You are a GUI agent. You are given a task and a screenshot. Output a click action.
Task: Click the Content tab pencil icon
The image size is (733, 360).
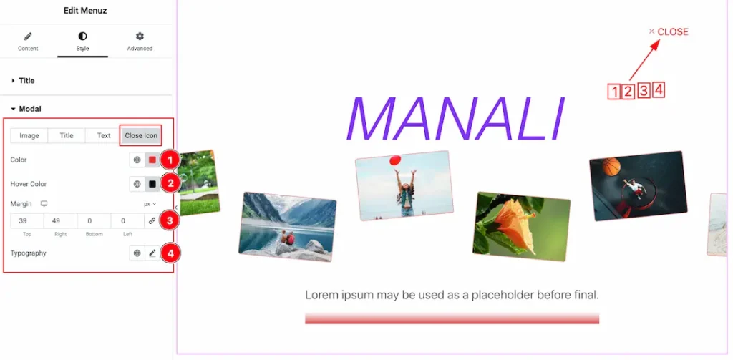[x=28, y=37]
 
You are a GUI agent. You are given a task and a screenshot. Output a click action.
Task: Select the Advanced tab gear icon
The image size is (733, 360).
[x=140, y=37]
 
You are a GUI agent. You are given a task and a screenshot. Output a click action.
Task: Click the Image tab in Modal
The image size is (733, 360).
[x=29, y=135]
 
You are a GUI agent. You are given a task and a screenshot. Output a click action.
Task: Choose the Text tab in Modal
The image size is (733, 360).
[x=104, y=135]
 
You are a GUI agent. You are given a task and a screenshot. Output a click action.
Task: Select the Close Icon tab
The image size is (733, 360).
[x=141, y=135]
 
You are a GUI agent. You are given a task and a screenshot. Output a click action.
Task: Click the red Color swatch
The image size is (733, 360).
[x=152, y=160]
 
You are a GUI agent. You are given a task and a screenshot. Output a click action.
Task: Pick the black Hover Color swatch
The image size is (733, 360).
[x=152, y=184]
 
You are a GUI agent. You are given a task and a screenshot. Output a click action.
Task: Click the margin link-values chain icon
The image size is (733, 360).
[x=152, y=221]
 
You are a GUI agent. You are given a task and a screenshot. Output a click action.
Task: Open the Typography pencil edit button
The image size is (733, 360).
[x=152, y=253]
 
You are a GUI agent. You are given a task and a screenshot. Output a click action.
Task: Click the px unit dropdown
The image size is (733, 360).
[x=150, y=204]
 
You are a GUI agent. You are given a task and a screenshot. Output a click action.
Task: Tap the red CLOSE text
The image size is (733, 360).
[x=673, y=31]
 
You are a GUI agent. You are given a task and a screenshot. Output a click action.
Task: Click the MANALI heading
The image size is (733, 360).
[x=454, y=119]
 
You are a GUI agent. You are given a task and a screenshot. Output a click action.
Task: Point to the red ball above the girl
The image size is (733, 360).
[x=395, y=160]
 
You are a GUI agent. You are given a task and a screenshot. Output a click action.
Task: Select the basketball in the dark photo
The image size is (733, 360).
[x=611, y=166]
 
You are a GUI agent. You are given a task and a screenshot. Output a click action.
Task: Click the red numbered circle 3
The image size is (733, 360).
[x=170, y=221]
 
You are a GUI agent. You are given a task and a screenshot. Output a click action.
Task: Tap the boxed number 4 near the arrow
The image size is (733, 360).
[x=659, y=90]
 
